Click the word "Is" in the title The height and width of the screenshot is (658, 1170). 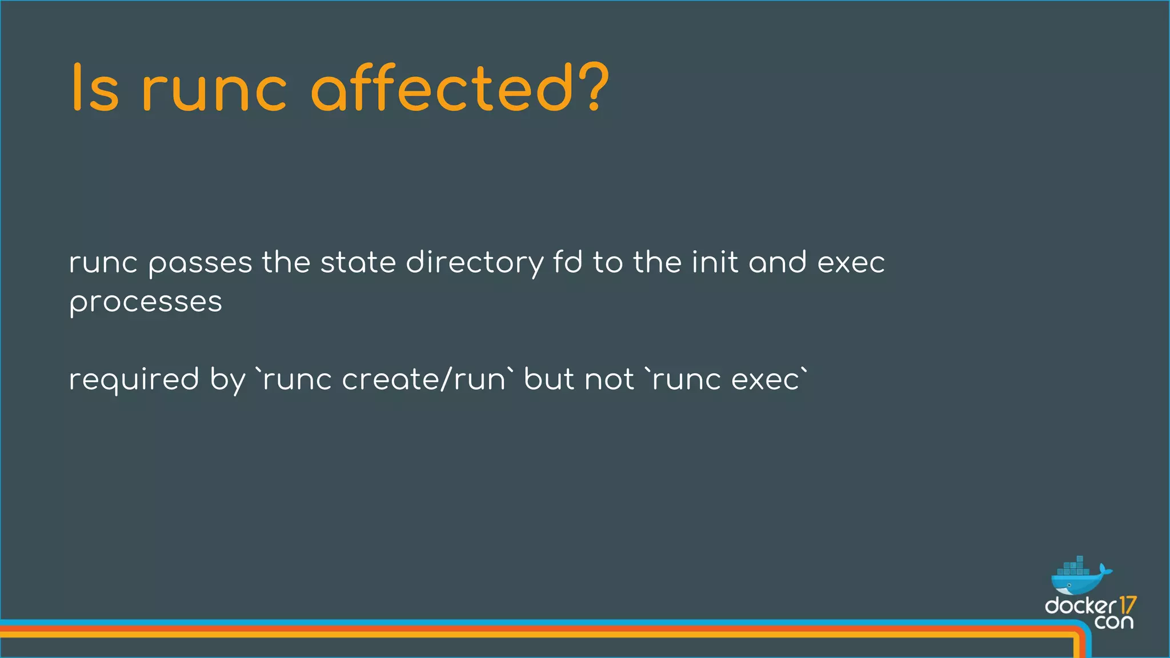click(x=95, y=89)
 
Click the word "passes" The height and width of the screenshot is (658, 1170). click(x=200, y=264)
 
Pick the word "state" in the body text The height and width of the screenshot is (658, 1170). click(x=358, y=263)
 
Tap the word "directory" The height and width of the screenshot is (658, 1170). click(x=474, y=264)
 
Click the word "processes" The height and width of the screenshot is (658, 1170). click(x=146, y=303)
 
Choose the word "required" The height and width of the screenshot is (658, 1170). click(x=134, y=380)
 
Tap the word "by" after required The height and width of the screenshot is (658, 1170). click(x=227, y=380)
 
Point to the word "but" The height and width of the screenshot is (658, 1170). click(x=549, y=379)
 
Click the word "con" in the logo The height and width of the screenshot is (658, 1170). click(x=1114, y=621)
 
